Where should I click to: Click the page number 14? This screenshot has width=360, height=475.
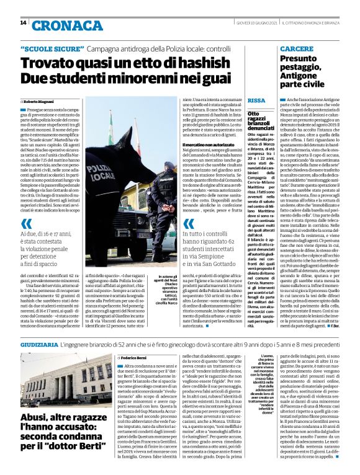(x=23, y=23)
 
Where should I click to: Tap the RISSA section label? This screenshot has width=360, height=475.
(x=256, y=100)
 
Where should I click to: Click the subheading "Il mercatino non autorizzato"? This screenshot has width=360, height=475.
(x=209, y=143)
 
